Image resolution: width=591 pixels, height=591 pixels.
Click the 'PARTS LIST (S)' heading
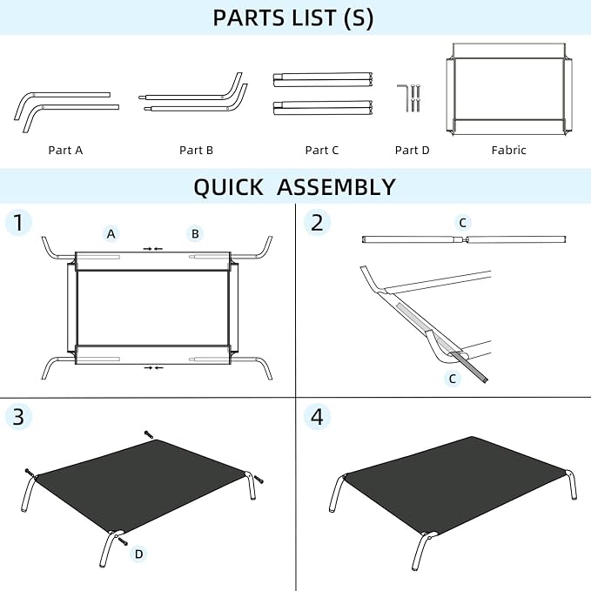tap(292, 17)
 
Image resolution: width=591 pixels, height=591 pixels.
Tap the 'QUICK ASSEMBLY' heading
tap(294, 186)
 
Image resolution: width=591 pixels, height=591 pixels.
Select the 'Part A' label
tap(65, 150)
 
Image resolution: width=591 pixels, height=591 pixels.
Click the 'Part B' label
tap(196, 150)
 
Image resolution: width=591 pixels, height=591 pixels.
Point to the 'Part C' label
tap(322, 150)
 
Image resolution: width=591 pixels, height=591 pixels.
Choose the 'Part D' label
tap(412, 150)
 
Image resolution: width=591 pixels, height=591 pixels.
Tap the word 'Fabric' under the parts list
tap(509, 150)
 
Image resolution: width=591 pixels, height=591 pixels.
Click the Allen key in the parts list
tap(402, 98)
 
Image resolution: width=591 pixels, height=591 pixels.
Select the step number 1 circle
tap(18, 222)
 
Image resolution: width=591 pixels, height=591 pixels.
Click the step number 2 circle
tap(318, 222)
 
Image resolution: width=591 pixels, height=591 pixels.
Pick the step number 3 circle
tap(18, 417)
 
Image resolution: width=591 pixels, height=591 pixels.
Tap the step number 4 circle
tap(318, 417)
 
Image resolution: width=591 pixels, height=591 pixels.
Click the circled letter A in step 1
tap(111, 233)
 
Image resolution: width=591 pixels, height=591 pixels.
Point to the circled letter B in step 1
tap(195, 233)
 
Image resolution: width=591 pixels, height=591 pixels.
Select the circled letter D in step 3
tap(138, 554)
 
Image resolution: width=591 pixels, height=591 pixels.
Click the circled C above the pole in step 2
tap(463, 223)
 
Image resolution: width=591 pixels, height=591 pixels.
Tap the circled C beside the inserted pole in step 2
tap(453, 379)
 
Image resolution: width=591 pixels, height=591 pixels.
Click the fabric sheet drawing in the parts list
tap(509, 89)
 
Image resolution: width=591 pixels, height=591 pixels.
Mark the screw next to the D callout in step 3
tap(123, 541)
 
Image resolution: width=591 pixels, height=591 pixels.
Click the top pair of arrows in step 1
tap(153, 249)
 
